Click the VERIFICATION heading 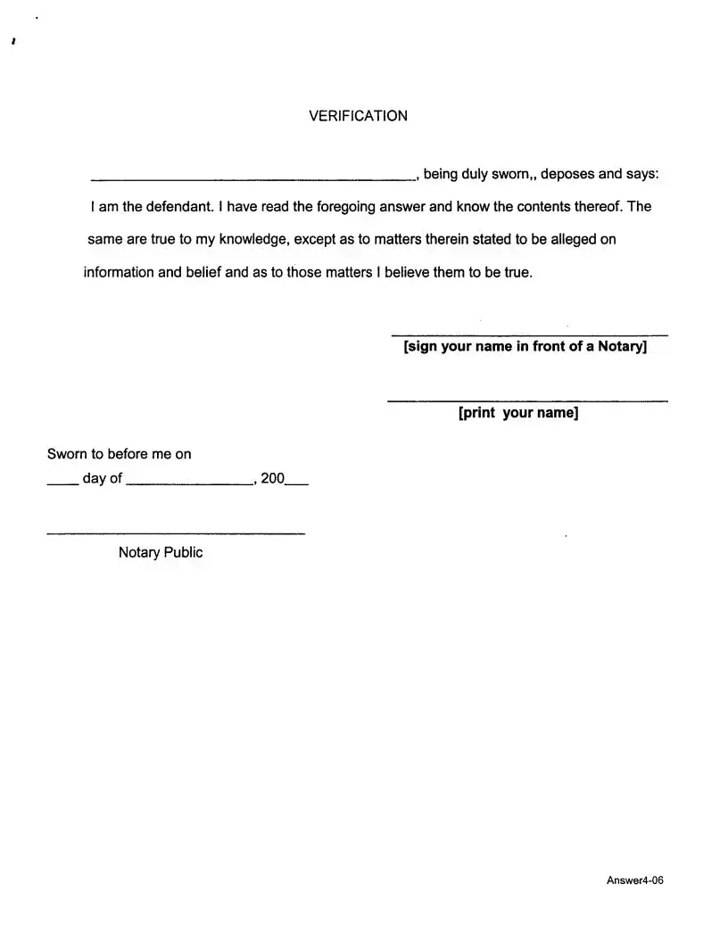pos(358,116)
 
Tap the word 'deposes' pos(565,174)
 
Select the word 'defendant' pos(181,207)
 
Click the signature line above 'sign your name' pos(529,335)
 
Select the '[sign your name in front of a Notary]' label pos(525,347)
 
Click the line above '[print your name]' pos(527,401)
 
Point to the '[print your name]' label pos(518,413)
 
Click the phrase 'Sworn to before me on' pos(119,454)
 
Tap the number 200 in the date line pos(272,479)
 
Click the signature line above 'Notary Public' pos(175,533)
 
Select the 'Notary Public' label pos(161,552)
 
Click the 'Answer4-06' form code pos(635,881)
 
